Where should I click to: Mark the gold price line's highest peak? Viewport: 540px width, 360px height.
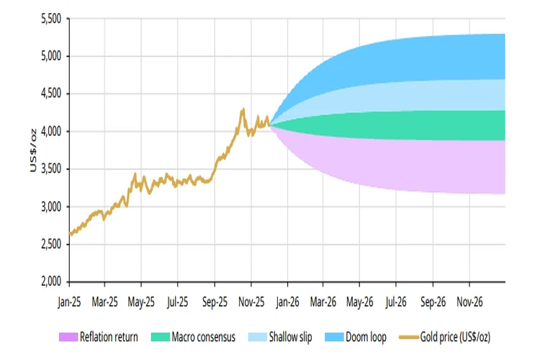(x=243, y=109)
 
